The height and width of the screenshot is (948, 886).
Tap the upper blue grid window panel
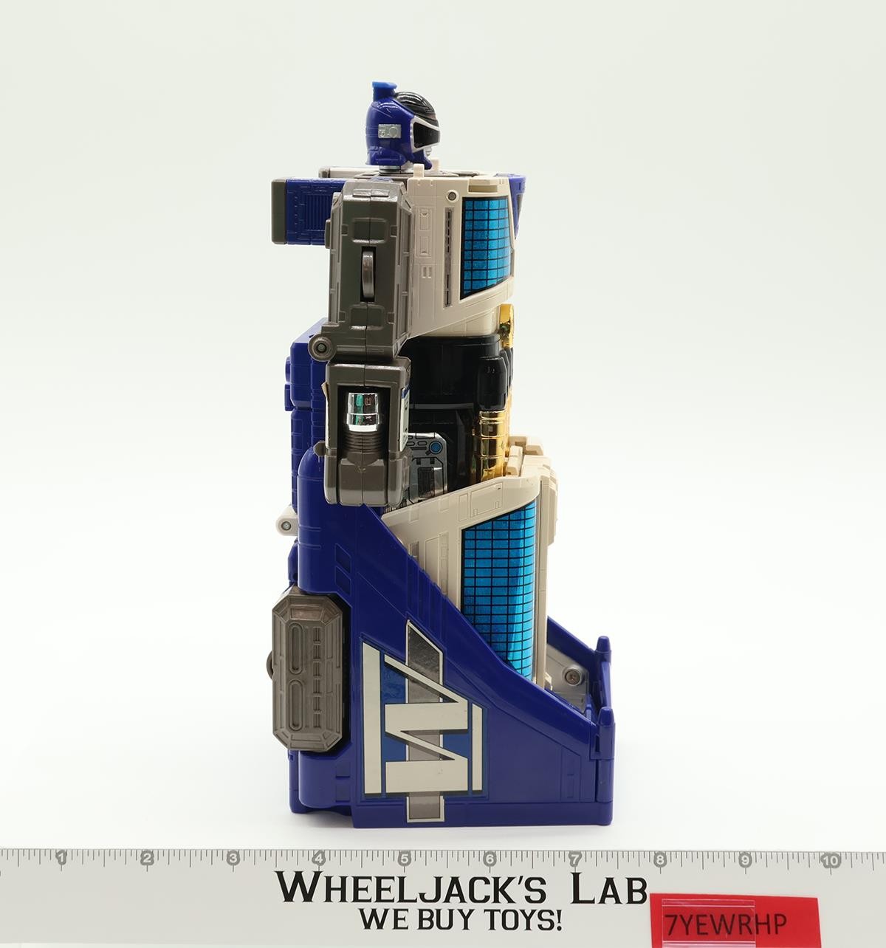tap(486, 245)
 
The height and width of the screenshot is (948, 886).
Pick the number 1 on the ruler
tap(61, 858)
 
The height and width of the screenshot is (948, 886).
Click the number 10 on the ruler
tap(831, 861)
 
